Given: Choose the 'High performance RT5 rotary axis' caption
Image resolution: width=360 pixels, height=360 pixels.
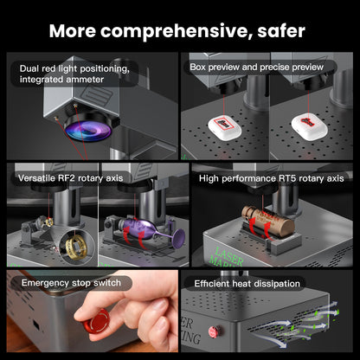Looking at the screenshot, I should (271, 178).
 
